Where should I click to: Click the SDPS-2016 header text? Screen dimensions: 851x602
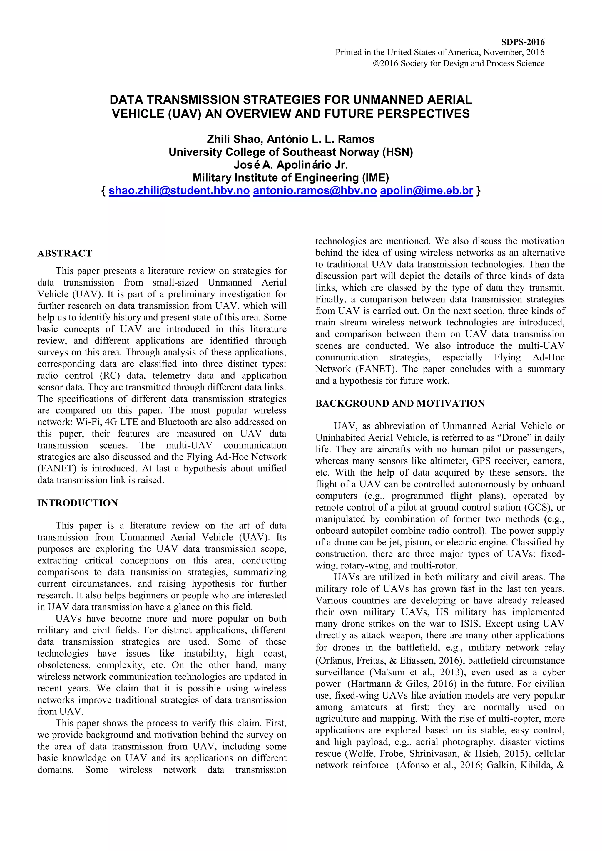pyautogui.click(x=523, y=42)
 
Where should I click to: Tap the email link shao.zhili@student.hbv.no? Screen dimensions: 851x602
pyautogui.click(x=179, y=191)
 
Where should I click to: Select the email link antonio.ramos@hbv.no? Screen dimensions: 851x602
pyautogui.click(x=315, y=191)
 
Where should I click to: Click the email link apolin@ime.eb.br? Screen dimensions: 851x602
pyautogui.click(x=426, y=191)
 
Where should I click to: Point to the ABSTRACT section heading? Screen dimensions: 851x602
pyautogui.click(x=65, y=254)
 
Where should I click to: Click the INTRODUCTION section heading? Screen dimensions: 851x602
pyautogui.click(x=78, y=503)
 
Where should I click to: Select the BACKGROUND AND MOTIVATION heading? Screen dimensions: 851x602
pyautogui.click(x=400, y=404)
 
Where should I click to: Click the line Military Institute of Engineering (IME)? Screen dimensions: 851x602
pyautogui.click(x=291, y=178)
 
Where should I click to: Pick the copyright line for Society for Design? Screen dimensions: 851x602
pyautogui.click(x=459, y=63)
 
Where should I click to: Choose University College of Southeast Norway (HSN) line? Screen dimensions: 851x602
pyautogui.click(x=291, y=152)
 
